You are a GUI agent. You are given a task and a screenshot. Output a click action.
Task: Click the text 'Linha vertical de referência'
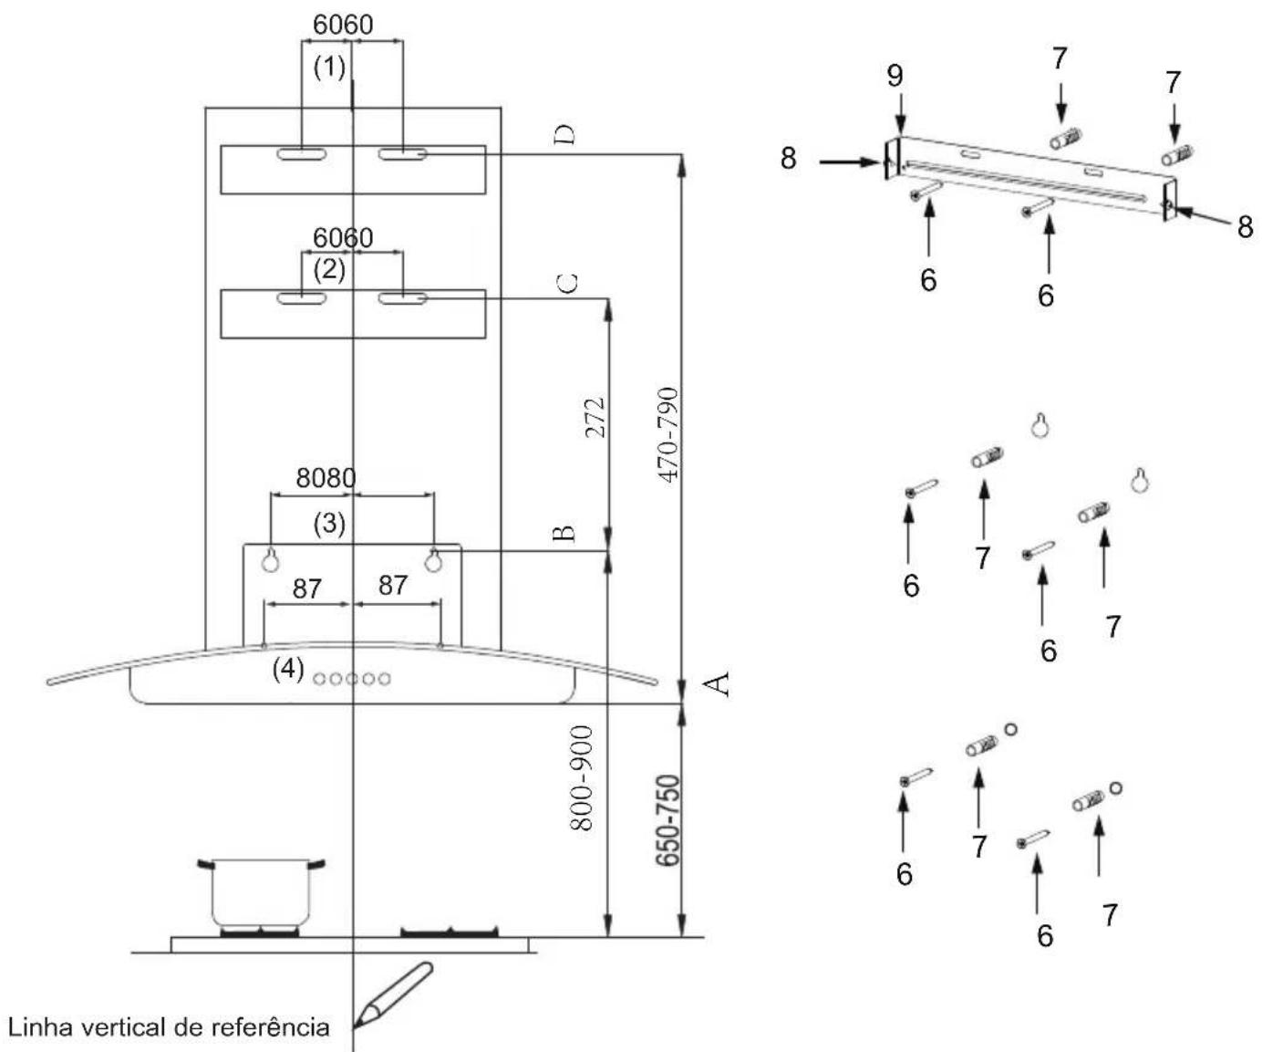pyautogui.click(x=169, y=1027)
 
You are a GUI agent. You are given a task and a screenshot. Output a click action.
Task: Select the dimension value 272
pyautogui.click(x=595, y=417)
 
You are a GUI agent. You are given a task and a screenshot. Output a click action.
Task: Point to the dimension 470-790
pyautogui.click(x=668, y=435)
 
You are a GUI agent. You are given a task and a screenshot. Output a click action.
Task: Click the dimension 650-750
pyautogui.click(x=669, y=819)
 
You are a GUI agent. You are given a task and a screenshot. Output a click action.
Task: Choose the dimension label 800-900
pyautogui.click(x=582, y=778)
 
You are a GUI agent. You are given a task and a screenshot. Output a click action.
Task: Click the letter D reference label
pyautogui.click(x=564, y=135)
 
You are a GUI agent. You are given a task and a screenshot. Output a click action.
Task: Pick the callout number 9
pyautogui.click(x=895, y=76)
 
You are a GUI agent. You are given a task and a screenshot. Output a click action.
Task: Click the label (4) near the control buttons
pyautogui.click(x=288, y=669)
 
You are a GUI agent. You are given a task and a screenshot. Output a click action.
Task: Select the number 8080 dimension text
pyautogui.click(x=326, y=478)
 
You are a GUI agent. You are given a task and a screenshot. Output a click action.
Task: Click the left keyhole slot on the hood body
pyautogui.click(x=270, y=560)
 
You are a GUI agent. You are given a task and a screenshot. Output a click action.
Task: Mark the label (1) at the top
pyautogui.click(x=329, y=68)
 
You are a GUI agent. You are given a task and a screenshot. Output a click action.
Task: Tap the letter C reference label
pyautogui.click(x=566, y=283)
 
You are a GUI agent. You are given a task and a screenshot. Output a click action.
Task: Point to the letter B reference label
pyautogui.click(x=564, y=533)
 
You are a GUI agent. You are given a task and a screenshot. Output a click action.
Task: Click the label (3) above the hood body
pyautogui.click(x=329, y=524)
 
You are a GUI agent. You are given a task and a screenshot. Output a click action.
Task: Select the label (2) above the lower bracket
pyautogui.click(x=329, y=269)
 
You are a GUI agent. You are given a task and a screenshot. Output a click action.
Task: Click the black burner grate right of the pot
pyautogui.click(x=450, y=932)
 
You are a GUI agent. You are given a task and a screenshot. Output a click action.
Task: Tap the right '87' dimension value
pyautogui.click(x=393, y=585)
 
